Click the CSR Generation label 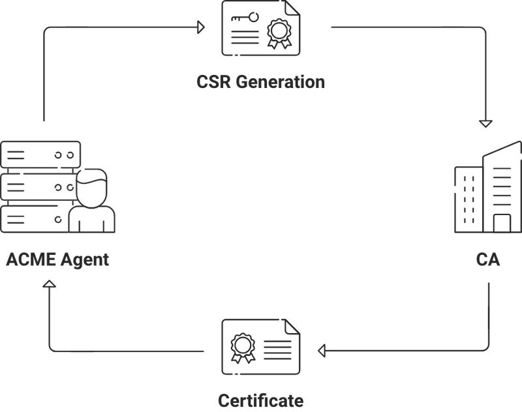(x=261, y=83)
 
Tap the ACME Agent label (x=57, y=260)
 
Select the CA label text (x=487, y=260)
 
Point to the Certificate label (x=261, y=399)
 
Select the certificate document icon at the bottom (x=260, y=346)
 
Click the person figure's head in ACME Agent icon (x=91, y=182)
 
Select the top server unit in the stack (x=41, y=154)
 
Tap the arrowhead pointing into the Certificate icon (x=322, y=351)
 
